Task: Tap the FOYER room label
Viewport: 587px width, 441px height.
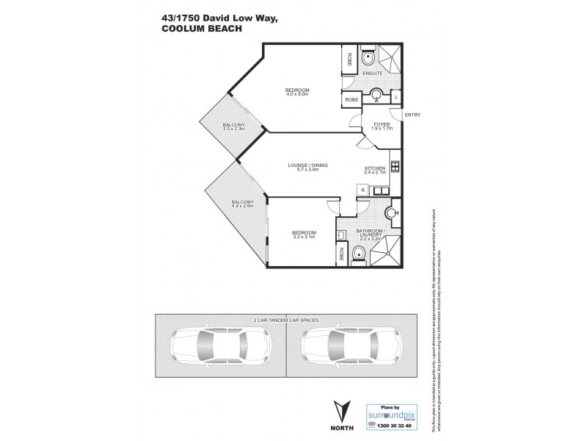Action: (382, 124)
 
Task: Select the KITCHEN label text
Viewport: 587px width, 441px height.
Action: (375, 168)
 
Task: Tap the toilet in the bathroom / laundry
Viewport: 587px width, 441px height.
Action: (358, 253)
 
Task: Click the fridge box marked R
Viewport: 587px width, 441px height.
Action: (362, 190)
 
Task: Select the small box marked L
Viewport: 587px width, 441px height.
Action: (395, 96)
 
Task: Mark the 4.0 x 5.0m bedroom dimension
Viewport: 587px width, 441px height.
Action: (297, 95)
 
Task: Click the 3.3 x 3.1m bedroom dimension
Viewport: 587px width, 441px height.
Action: (304, 237)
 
